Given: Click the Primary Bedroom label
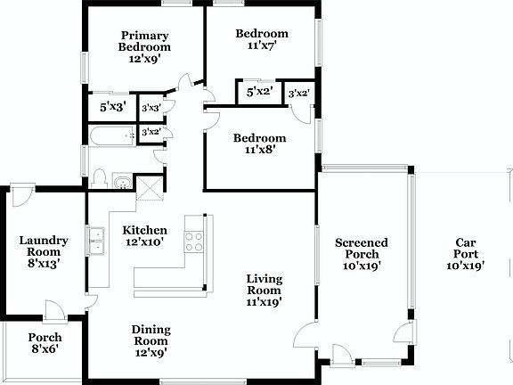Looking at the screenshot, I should pyautogui.click(x=145, y=42).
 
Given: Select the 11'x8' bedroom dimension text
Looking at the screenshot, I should pyautogui.click(x=259, y=150).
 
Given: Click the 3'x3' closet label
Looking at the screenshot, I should pyautogui.click(x=151, y=108).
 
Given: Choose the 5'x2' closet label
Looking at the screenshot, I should pyautogui.click(x=258, y=91).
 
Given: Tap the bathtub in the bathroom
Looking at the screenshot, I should pyautogui.click(x=112, y=135).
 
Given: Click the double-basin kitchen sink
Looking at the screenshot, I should pyautogui.click(x=96, y=238).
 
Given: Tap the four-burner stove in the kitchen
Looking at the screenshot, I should pyautogui.click(x=194, y=240).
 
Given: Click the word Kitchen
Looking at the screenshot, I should pyautogui.click(x=144, y=229).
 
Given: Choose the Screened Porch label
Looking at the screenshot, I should pyautogui.click(x=362, y=248).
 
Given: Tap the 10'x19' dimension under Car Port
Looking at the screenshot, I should pyautogui.click(x=465, y=265).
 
